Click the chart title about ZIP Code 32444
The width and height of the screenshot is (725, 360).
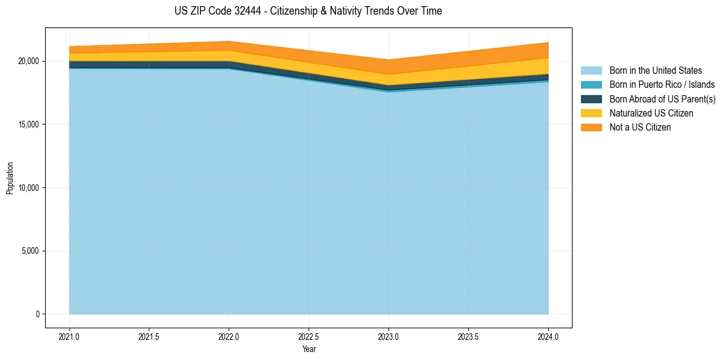click(308, 11)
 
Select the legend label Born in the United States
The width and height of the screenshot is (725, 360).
click(655, 71)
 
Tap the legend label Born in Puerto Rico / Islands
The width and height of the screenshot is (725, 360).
click(662, 85)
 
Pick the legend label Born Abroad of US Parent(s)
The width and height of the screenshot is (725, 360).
click(662, 99)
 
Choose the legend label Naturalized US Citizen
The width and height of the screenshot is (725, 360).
click(651, 113)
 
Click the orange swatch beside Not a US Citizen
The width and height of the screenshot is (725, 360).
click(591, 127)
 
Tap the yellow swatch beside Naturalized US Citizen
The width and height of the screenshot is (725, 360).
click(591, 113)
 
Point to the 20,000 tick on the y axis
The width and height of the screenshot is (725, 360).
click(28, 62)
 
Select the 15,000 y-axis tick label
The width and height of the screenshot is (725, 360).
click(28, 124)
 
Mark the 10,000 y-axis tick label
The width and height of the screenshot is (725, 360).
click(28, 188)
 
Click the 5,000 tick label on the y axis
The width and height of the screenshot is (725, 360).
click(30, 251)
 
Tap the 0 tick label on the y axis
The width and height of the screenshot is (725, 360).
click(37, 314)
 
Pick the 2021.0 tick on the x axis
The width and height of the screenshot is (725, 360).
click(70, 336)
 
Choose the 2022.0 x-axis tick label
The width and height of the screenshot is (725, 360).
click(229, 336)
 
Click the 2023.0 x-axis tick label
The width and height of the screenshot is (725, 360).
click(388, 336)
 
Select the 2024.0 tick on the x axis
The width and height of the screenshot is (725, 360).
click(548, 336)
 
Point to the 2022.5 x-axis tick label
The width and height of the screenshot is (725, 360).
click(309, 336)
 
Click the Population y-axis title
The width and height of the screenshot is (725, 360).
click(10, 178)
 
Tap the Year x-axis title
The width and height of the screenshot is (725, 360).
click(309, 349)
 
